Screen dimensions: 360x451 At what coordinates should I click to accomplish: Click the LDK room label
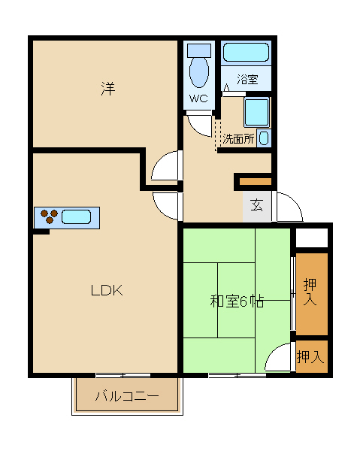point(107,290)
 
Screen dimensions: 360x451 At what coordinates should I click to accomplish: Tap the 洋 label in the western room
point(108,89)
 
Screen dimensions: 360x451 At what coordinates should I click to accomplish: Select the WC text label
point(198,98)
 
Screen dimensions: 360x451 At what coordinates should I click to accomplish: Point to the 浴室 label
point(247,79)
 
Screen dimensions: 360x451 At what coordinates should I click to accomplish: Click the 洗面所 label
point(239,139)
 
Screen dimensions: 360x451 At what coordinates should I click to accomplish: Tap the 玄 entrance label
point(257,204)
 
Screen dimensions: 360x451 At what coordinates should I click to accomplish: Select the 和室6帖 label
point(237,301)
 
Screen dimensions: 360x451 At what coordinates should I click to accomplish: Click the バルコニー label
point(127,396)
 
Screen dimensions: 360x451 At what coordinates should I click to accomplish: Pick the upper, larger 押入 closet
point(312,294)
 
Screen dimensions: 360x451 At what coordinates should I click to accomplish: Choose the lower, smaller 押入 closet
point(312,356)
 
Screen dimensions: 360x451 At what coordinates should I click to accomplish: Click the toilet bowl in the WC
point(199,71)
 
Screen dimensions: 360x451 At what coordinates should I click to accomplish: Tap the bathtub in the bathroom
point(246,53)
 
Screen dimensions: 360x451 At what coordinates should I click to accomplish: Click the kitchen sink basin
point(76,217)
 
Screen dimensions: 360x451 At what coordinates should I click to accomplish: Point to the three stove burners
point(49,216)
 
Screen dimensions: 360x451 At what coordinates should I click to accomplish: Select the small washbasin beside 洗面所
point(264,138)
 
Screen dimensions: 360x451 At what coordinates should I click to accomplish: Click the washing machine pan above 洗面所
point(257,112)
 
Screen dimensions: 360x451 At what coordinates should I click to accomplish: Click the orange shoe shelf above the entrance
point(256,182)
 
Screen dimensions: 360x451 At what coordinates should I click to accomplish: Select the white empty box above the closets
point(312,238)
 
